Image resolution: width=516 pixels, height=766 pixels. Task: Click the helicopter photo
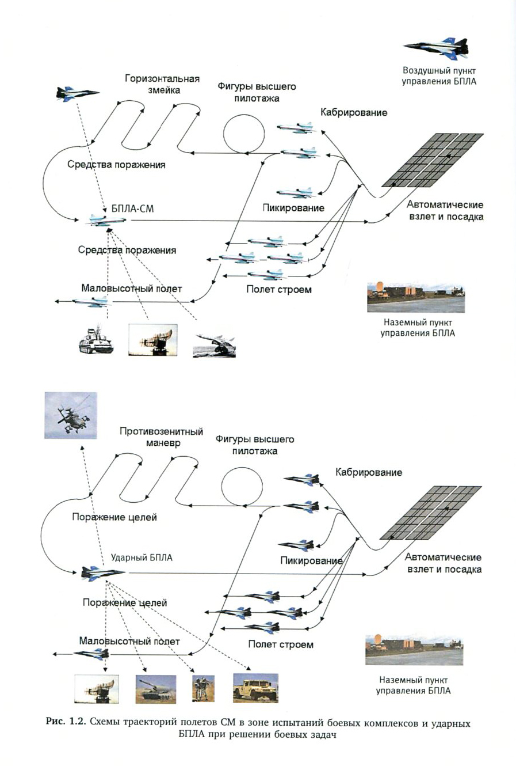[x=71, y=415]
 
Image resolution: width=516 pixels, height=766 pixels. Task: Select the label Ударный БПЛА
[x=142, y=558]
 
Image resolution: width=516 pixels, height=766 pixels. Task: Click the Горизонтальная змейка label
[x=162, y=84]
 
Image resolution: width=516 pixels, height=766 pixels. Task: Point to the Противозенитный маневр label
[x=162, y=437]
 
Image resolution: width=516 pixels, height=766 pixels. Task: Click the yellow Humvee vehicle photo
[x=255, y=688]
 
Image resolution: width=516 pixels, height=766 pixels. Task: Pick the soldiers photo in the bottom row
[x=203, y=688]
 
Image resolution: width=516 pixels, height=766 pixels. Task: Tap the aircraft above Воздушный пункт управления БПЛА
[x=438, y=48]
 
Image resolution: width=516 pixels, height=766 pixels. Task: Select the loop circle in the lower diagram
[x=242, y=487]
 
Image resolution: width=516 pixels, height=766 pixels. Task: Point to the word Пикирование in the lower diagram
[x=311, y=560]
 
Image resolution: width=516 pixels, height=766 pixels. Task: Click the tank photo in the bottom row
[x=156, y=689]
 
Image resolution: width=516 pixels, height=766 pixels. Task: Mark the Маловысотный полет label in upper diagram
[x=132, y=289]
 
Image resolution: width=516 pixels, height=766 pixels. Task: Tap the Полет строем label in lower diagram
[x=281, y=644]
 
